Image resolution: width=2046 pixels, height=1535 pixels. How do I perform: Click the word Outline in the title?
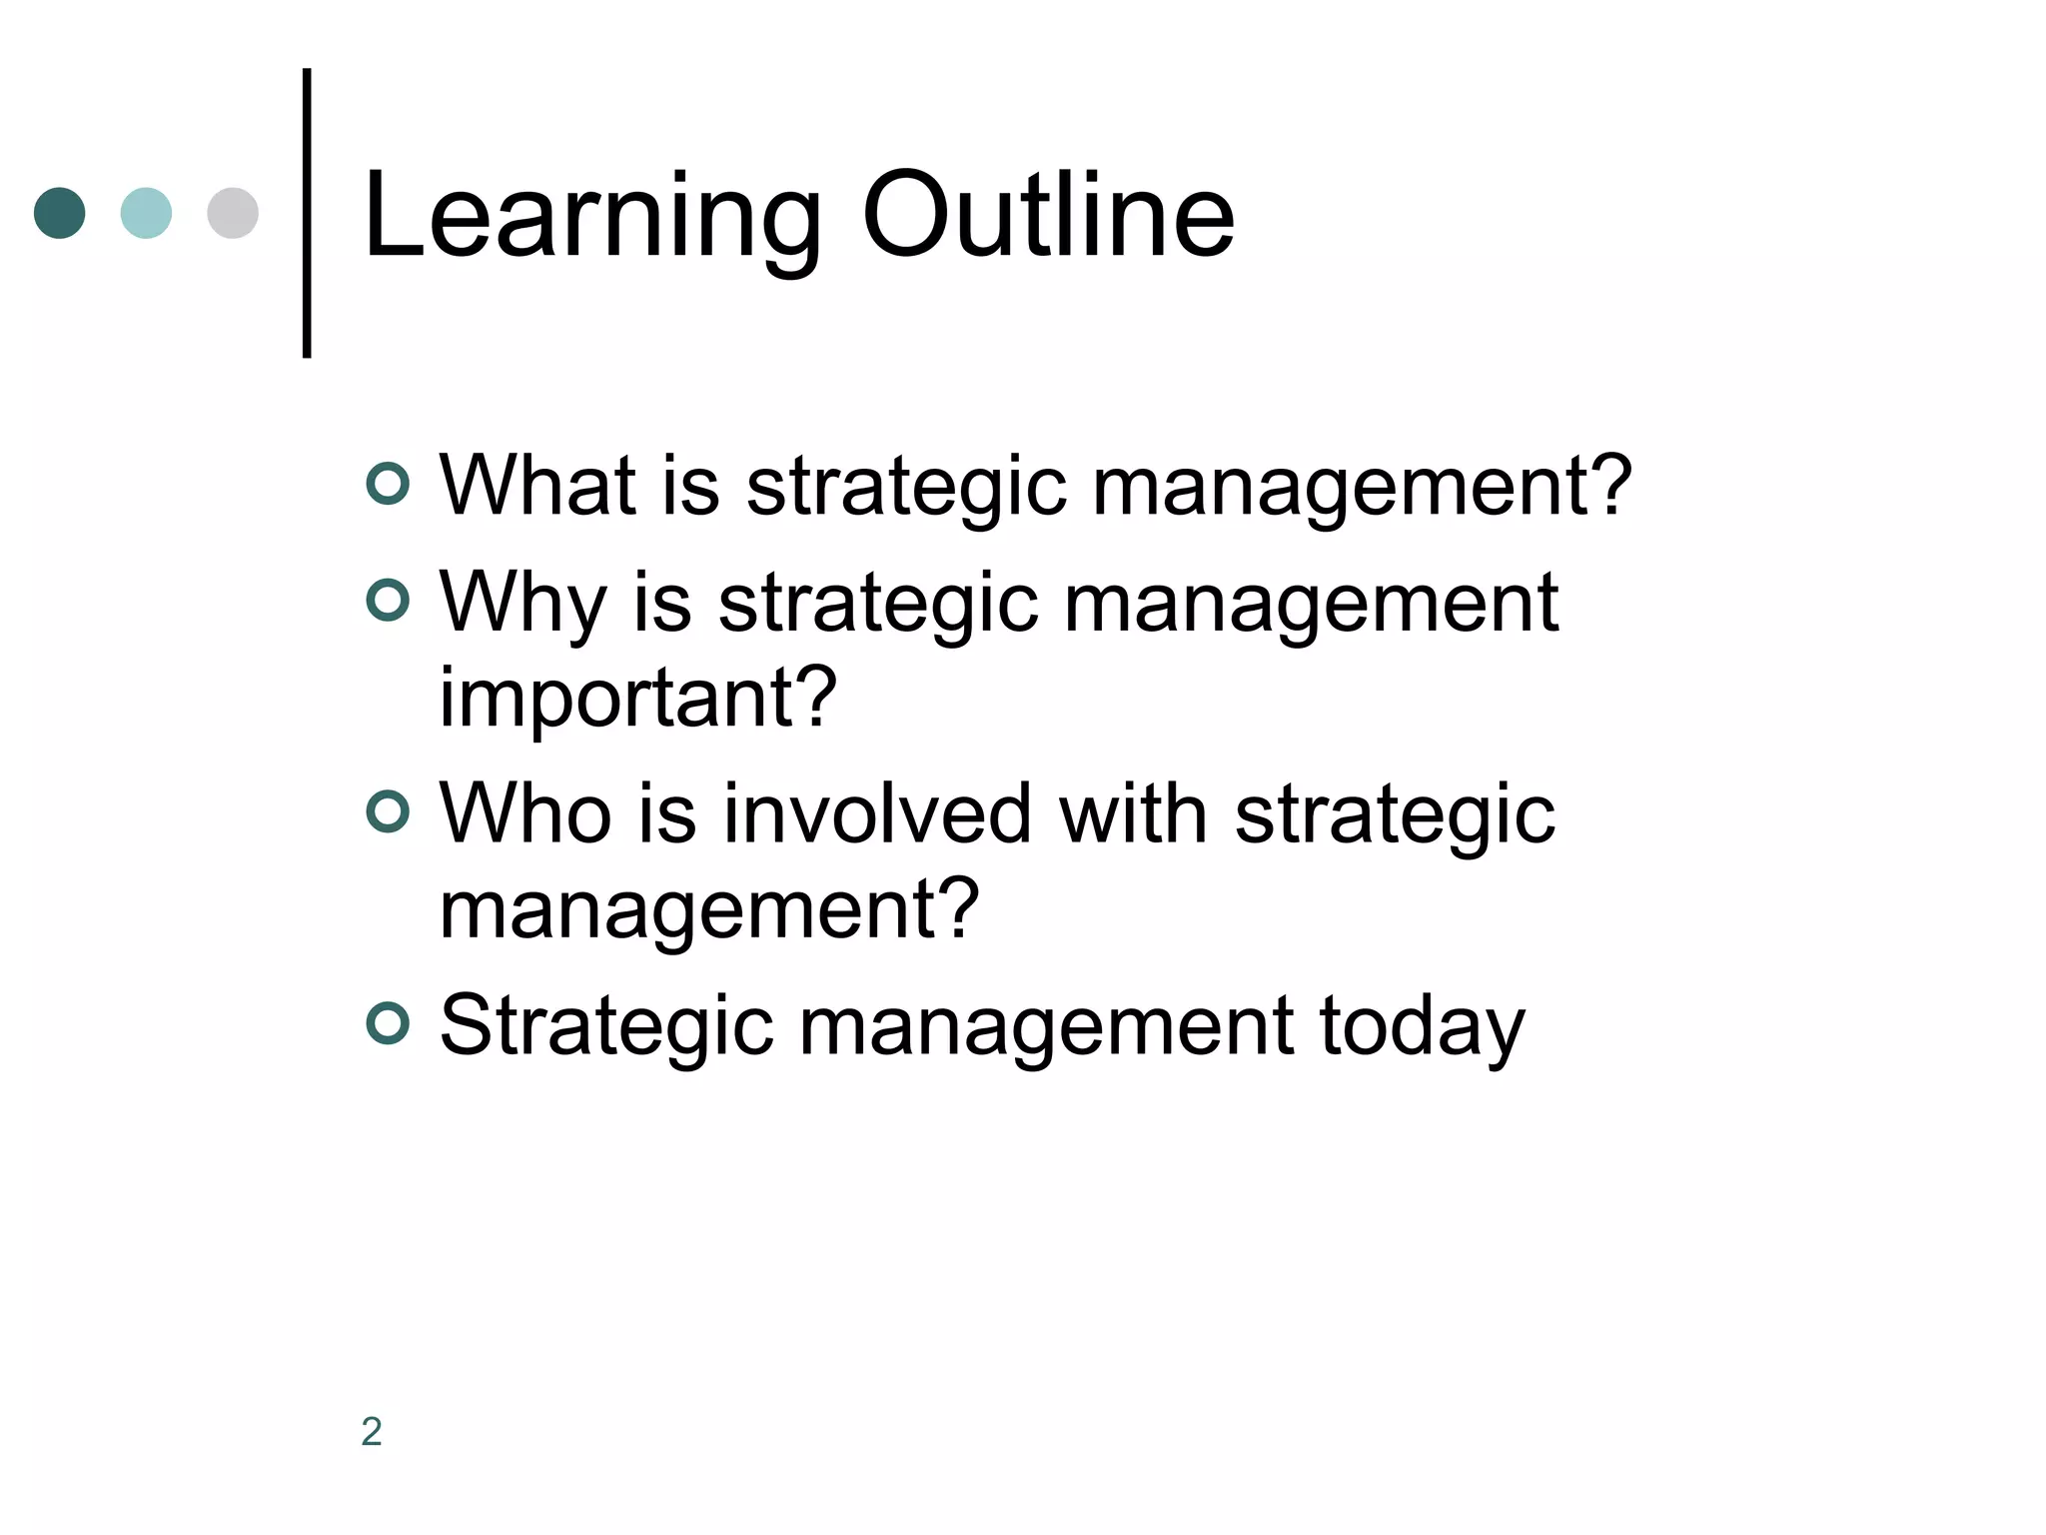1048,215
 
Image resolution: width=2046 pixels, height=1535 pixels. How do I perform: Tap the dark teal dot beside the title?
60,213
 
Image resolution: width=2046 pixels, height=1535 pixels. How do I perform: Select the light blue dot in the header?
146,213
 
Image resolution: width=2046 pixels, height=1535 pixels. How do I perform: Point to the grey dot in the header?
233,213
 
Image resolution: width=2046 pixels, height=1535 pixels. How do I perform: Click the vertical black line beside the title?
307,213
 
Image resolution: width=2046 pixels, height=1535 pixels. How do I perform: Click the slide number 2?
372,1431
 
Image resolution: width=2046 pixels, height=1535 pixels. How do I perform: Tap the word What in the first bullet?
537,486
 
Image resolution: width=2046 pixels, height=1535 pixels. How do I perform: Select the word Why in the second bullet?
522,604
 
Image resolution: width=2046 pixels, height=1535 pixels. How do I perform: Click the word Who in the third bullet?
525,814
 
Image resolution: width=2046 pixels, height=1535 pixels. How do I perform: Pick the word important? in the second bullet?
637,698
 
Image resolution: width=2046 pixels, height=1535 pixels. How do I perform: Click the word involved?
877,814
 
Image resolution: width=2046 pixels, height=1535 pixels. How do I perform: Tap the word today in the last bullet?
1422,1027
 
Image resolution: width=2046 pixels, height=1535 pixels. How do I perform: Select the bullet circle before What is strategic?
388,484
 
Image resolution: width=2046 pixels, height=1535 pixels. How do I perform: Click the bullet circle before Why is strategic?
388,601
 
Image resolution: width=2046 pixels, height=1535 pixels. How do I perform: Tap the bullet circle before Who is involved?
388,811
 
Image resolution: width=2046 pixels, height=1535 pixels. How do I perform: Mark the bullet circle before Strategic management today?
388,1023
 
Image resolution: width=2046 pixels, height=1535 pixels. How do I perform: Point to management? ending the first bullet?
1361,488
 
